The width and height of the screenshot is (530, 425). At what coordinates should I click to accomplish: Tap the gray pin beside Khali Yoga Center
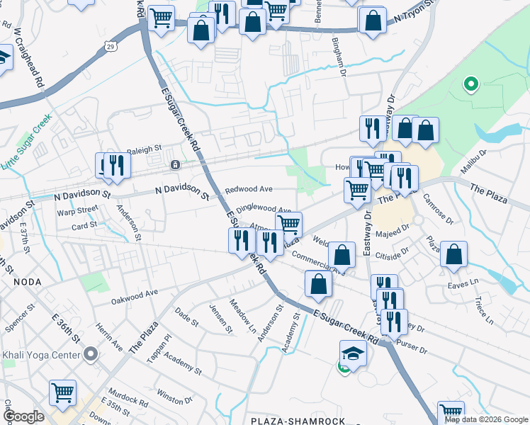(90, 353)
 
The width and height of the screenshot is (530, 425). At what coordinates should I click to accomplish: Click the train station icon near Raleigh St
(175, 165)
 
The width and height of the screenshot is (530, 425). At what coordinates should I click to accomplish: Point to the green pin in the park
(470, 86)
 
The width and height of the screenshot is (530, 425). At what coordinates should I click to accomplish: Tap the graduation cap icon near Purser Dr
(352, 352)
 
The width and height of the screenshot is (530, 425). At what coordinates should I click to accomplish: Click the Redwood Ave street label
(249, 190)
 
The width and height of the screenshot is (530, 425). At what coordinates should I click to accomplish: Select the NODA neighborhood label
(27, 281)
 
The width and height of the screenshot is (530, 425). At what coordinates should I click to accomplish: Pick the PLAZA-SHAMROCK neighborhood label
(298, 421)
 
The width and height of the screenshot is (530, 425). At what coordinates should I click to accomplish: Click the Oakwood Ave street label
(134, 295)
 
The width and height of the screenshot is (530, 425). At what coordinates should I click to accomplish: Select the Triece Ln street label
(483, 310)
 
